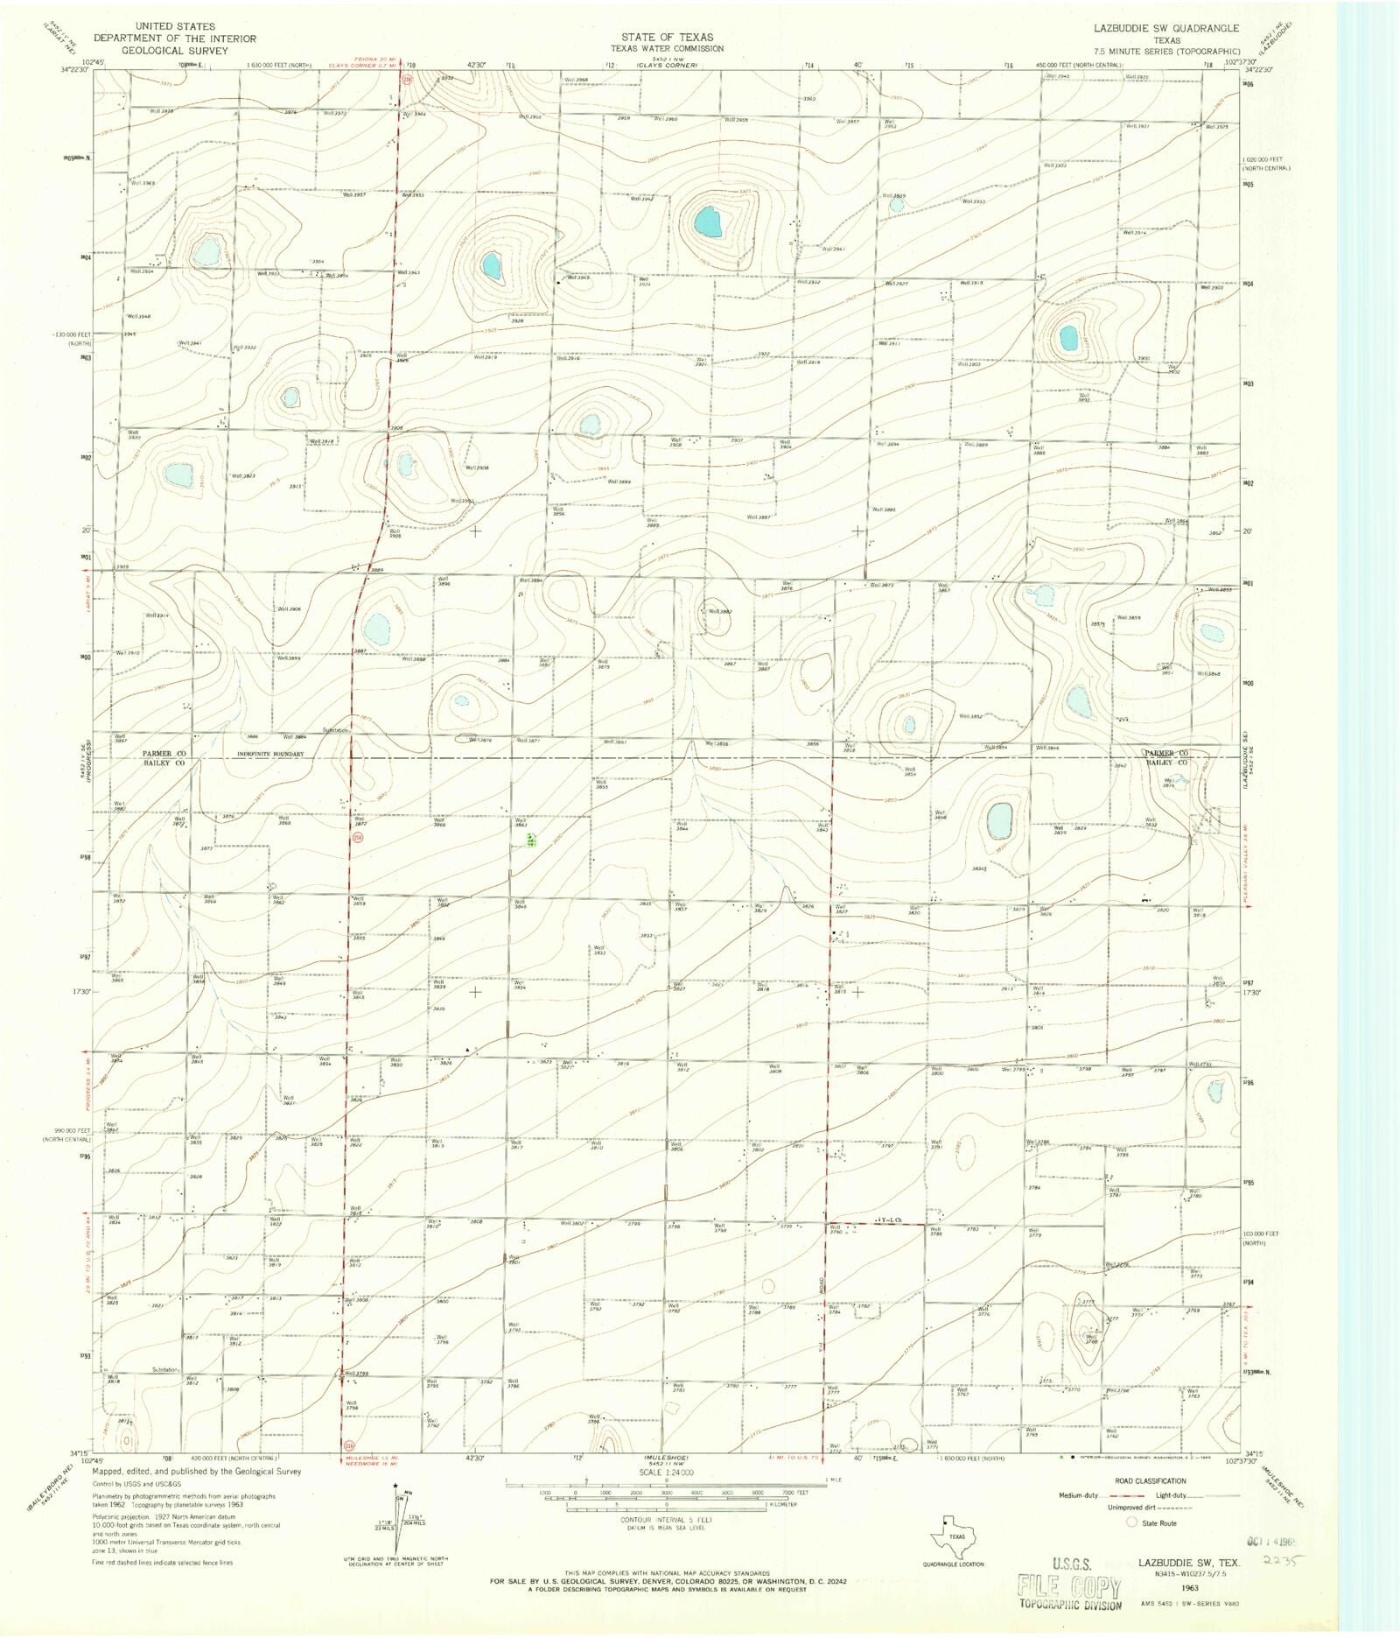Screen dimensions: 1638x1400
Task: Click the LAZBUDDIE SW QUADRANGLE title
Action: [1165, 28]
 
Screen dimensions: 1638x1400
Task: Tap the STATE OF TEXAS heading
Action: [667, 37]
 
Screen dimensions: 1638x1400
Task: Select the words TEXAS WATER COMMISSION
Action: [667, 48]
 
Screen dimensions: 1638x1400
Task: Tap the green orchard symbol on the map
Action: [531, 840]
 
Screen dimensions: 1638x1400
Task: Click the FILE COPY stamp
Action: [1068, 1585]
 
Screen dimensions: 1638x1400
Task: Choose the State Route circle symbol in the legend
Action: [1131, 1522]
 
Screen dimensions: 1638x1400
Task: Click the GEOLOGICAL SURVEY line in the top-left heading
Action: [174, 50]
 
